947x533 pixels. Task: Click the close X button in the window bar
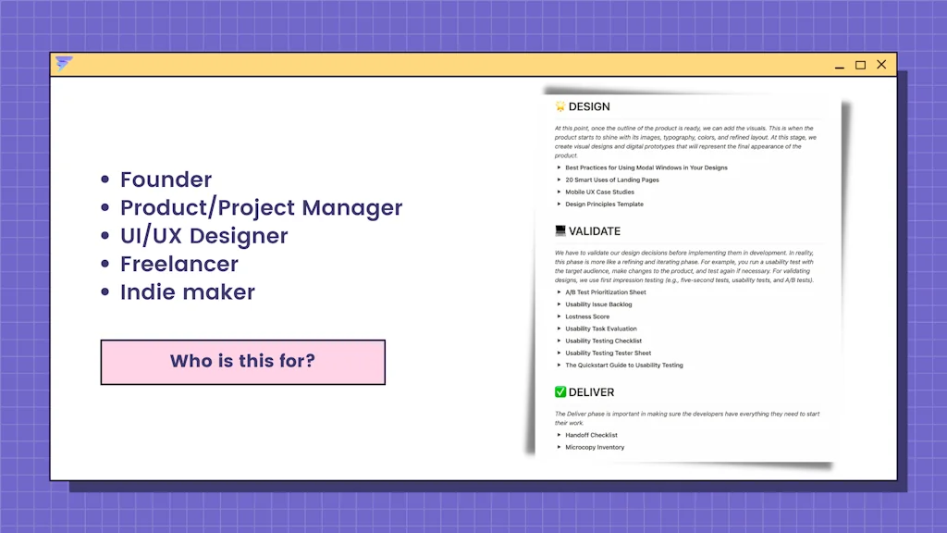tap(881, 65)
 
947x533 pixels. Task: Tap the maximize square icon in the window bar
tap(860, 65)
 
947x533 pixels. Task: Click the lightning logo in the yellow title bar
tap(64, 64)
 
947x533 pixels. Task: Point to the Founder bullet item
tap(166, 180)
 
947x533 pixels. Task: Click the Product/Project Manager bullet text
tap(261, 207)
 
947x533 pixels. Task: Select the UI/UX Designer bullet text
tap(203, 236)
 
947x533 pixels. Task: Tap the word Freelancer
tap(178, 264)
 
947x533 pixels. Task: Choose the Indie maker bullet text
tap(187, 292)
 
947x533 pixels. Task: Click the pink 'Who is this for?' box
tap(242, 361)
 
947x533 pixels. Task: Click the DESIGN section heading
tap(588, 106)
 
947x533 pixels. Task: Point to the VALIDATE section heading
tap(594, 230)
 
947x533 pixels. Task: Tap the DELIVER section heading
tap(591, 392)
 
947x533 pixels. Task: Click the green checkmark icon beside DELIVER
tap(560, 392)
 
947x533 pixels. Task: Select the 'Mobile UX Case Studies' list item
tap(599, 192)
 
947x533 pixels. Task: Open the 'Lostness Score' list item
tap(587, 316)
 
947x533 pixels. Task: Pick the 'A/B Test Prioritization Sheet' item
tap(605, 292)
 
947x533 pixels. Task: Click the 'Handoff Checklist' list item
tap(591, 435)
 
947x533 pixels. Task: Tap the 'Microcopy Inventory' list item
tap(595, 447)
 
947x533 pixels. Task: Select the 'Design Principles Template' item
tap(604, 204)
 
